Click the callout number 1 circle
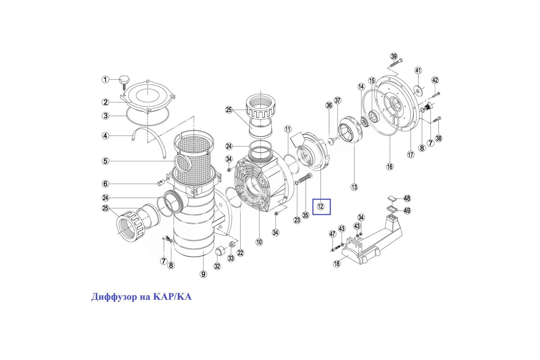[x=105, y=79]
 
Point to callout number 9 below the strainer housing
[x=203, y=274]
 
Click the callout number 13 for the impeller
[x=354, y=187]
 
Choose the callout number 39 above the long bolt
[x=394, y=57]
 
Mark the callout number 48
[x=407, y=198]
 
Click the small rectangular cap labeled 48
[x=392, y=198]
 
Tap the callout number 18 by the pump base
[x=337, y=264]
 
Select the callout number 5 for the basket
[x=105, y=161]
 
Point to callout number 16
[x=390, y=166]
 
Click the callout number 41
[x=418, y=71]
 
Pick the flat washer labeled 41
[x=417, y=90]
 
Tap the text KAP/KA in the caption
[x=172, y=297]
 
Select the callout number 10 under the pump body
[x=259, y=242]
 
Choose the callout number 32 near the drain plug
[x=217, y=266]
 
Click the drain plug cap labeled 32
[x=220, y=251]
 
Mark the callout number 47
[x=333, y=234]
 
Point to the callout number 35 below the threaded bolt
[x=306, y=215]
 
